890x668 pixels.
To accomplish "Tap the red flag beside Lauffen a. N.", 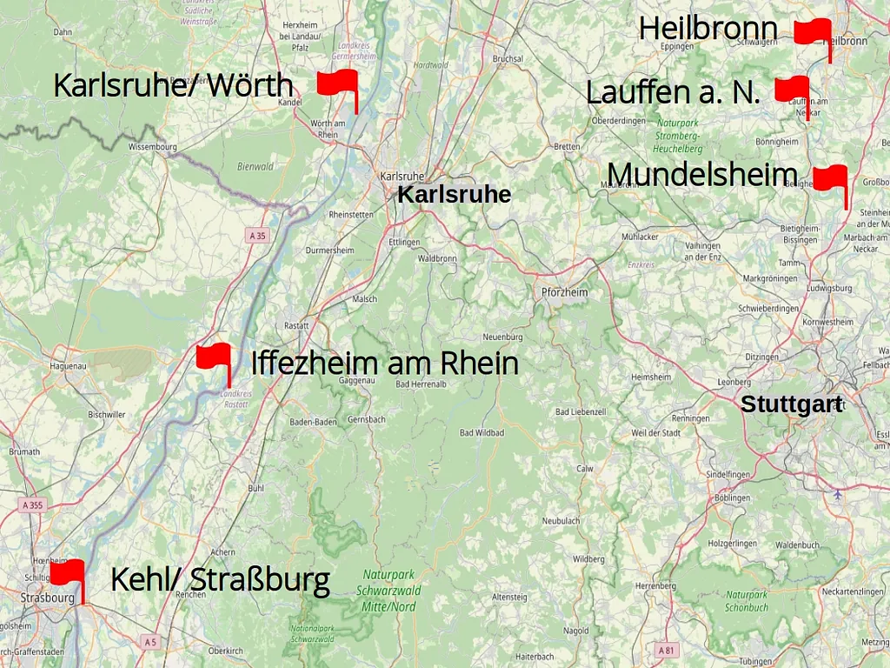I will point(793,90).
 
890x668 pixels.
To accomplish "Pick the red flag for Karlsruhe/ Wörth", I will point(338,83).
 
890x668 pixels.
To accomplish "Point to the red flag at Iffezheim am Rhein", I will point(214,357).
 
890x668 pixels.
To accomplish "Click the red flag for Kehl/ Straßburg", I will point(68,573).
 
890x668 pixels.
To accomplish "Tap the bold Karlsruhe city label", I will point(454,195).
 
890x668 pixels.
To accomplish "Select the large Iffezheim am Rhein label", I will point(384,364).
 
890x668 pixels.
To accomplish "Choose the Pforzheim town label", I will point(564,292).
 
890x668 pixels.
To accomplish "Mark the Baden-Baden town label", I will point(313,422).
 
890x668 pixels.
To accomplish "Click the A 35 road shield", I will point(257,236).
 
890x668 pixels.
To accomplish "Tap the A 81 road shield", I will point(667,650).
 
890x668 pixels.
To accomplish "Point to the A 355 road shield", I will point(32,505).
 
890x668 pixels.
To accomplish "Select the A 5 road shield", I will point(150,642).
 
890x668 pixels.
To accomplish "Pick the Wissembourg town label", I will point(152,147).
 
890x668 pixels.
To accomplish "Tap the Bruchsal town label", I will point(508,59).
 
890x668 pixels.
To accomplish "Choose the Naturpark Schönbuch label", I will point(747,601).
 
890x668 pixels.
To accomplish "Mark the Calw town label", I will point(584,468).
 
